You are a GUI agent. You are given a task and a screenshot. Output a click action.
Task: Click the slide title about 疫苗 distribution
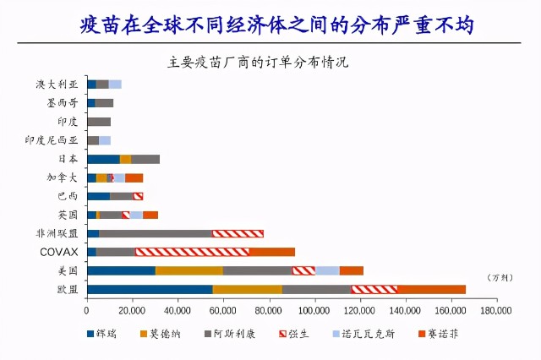[x=270, y=25]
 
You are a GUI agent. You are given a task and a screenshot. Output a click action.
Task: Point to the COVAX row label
[x=59, y=252]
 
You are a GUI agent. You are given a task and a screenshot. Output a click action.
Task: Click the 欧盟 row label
[x=68, y=289]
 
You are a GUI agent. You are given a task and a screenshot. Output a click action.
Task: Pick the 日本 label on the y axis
[x=68, y=159]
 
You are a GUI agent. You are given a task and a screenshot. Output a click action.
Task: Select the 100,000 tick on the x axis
[x=314, y=310]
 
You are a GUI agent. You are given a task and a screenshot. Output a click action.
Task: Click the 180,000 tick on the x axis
[x=496, y=310]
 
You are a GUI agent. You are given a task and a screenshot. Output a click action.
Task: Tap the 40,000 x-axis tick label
[x=178, y=310]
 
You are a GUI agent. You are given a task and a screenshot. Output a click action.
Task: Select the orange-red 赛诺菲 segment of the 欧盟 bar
[x=431, y=289]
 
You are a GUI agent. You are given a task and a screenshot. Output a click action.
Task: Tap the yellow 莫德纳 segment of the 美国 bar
[x=189, y=270]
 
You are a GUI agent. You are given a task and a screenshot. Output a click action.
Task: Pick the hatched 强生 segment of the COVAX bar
[x=192, y=252]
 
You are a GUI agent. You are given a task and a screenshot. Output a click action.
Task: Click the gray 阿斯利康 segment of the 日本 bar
[x=145, y=159]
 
